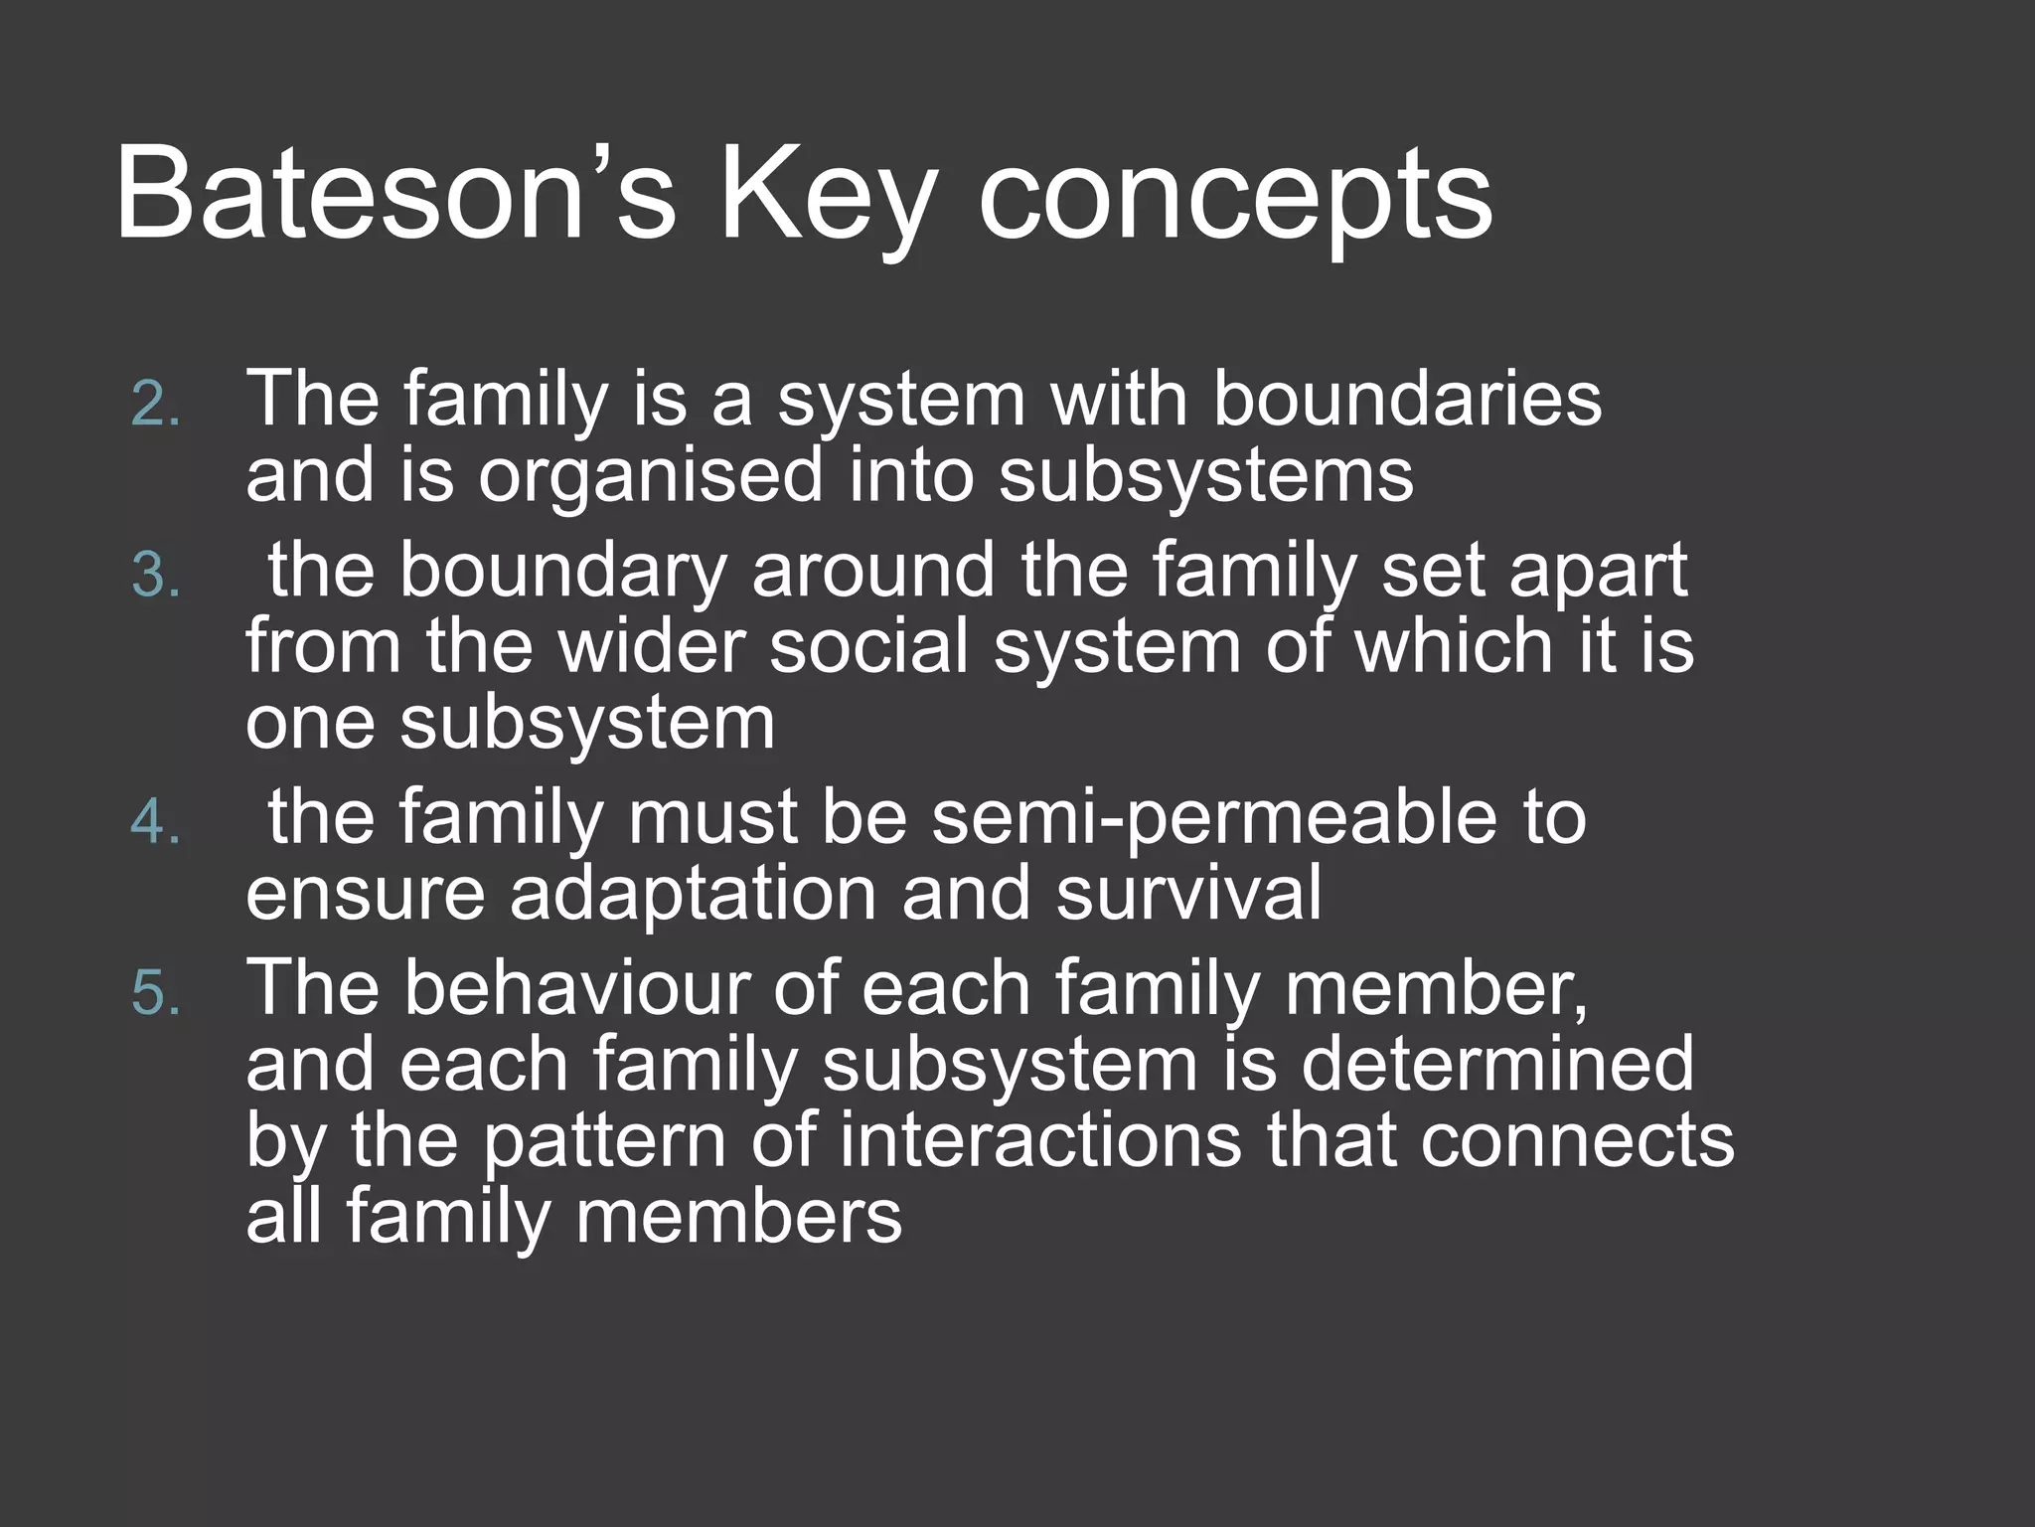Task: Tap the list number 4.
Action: pyautogui.click(x=156, y=823)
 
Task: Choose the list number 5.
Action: pyautogui.click(x=156, y=993)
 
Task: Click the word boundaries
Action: pyautogui.click(x=1406, y=399)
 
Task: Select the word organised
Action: pyautogui.click(x=651, y=475)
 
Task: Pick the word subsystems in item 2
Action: pyautogui.click(x=1205, y=475)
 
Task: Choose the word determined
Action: pyautogui.click(x=1496, y=1063)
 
